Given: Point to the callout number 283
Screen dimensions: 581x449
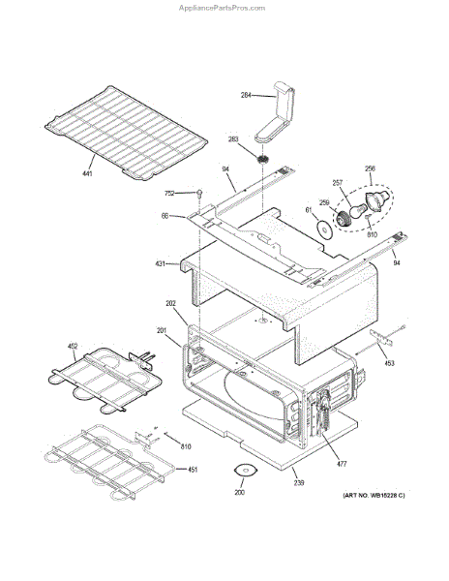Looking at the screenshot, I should pos(233,139).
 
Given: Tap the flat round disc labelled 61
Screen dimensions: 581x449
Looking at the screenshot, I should pos(320,229).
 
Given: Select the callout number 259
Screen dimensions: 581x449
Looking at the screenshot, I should pos(324,202).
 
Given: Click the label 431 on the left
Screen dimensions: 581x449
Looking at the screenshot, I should pos(160,262).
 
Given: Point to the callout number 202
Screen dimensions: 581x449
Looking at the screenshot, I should pos(170,305).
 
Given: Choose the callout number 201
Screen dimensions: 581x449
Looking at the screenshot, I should pos(162,330).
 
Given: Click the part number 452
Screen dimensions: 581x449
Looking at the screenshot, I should pos(72,346).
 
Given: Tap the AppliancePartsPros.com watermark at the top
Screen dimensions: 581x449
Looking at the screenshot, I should pos(222,7).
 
